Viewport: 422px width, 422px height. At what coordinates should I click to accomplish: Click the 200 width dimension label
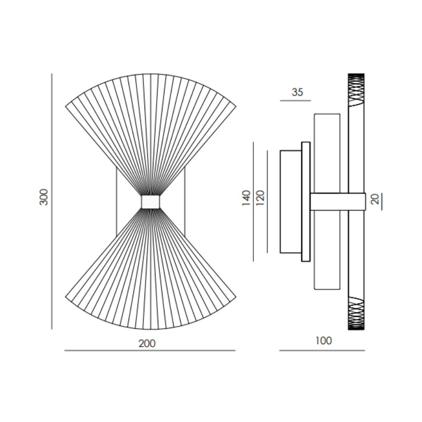tap(147, 343)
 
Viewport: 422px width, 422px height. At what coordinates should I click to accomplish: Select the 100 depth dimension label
tap(324, 341)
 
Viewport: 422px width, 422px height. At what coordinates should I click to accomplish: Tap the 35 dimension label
tap(297, 92)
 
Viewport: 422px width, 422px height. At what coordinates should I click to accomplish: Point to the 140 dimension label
tap(246, 198)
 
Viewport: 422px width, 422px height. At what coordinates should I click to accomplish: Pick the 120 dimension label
tap(260, 198)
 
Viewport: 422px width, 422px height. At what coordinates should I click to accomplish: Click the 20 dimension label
tap(375, 199)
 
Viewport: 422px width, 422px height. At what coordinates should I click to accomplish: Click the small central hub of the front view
tap(150, 202)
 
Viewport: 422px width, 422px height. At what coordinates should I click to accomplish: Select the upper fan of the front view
tap(150, 124)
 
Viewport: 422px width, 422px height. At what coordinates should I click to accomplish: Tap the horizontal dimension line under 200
tap(150, 351)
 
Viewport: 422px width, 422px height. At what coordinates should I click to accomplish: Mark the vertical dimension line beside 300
tap(52, 202)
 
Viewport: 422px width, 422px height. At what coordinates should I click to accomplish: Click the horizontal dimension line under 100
tap(322, 351)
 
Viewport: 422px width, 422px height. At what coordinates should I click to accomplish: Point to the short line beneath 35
tap(295, 101)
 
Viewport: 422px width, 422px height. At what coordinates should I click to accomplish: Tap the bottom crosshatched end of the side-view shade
tap(356, 313)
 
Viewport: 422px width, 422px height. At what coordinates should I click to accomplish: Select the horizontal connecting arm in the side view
tap(338, 202)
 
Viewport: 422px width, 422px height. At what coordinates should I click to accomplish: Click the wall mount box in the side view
tap(291, 202)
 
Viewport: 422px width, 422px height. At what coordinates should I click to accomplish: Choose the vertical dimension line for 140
tap(253, 202)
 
